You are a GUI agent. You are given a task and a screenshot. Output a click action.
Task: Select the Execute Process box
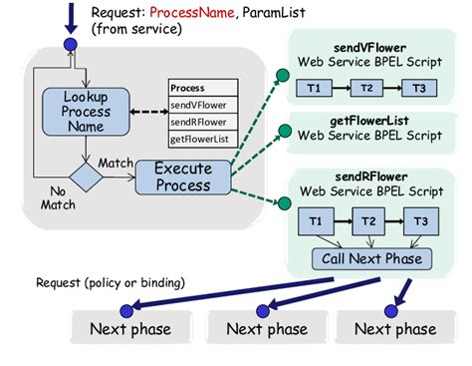click(182, 178)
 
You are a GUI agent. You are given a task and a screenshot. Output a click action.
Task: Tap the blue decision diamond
click(85, 178)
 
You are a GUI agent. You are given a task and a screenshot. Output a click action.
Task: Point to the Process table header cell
click(202, 87)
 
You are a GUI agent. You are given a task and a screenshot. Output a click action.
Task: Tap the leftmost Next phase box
click(130, 328)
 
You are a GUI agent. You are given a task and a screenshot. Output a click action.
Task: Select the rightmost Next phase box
click(395, 328)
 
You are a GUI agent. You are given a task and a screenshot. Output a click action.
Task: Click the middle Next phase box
click(266, 328)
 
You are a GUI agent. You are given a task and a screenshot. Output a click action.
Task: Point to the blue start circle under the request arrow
click(70, 45)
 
